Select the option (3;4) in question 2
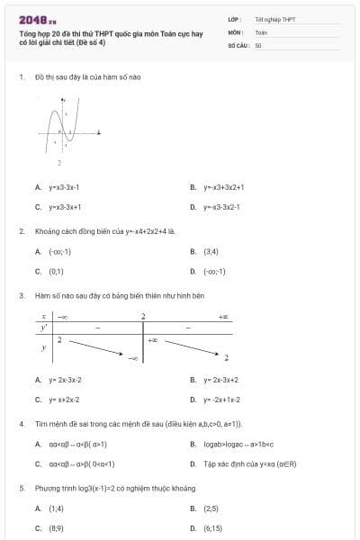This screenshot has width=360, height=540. click(x=211, y=251)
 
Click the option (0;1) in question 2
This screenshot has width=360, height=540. click(x=56, y=270)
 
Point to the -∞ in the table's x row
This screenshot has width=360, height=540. click(x=63, y=317)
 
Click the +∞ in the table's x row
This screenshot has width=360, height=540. click(x=223, y=317)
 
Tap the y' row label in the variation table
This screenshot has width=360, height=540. click(x=42, y=328)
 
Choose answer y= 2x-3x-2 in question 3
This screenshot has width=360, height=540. click(x=65, y=380)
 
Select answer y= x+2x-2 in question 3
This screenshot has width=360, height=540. click(x=64, y=399)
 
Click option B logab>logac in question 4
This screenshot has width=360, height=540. click(x=238, y=444)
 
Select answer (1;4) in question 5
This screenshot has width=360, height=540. click(x=56, y=508)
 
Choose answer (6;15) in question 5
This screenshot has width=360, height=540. click(x=212, y=527)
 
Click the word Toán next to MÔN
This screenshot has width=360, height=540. click(x=261, y=31)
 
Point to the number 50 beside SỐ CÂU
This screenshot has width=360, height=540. click(x=258, y=45)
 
